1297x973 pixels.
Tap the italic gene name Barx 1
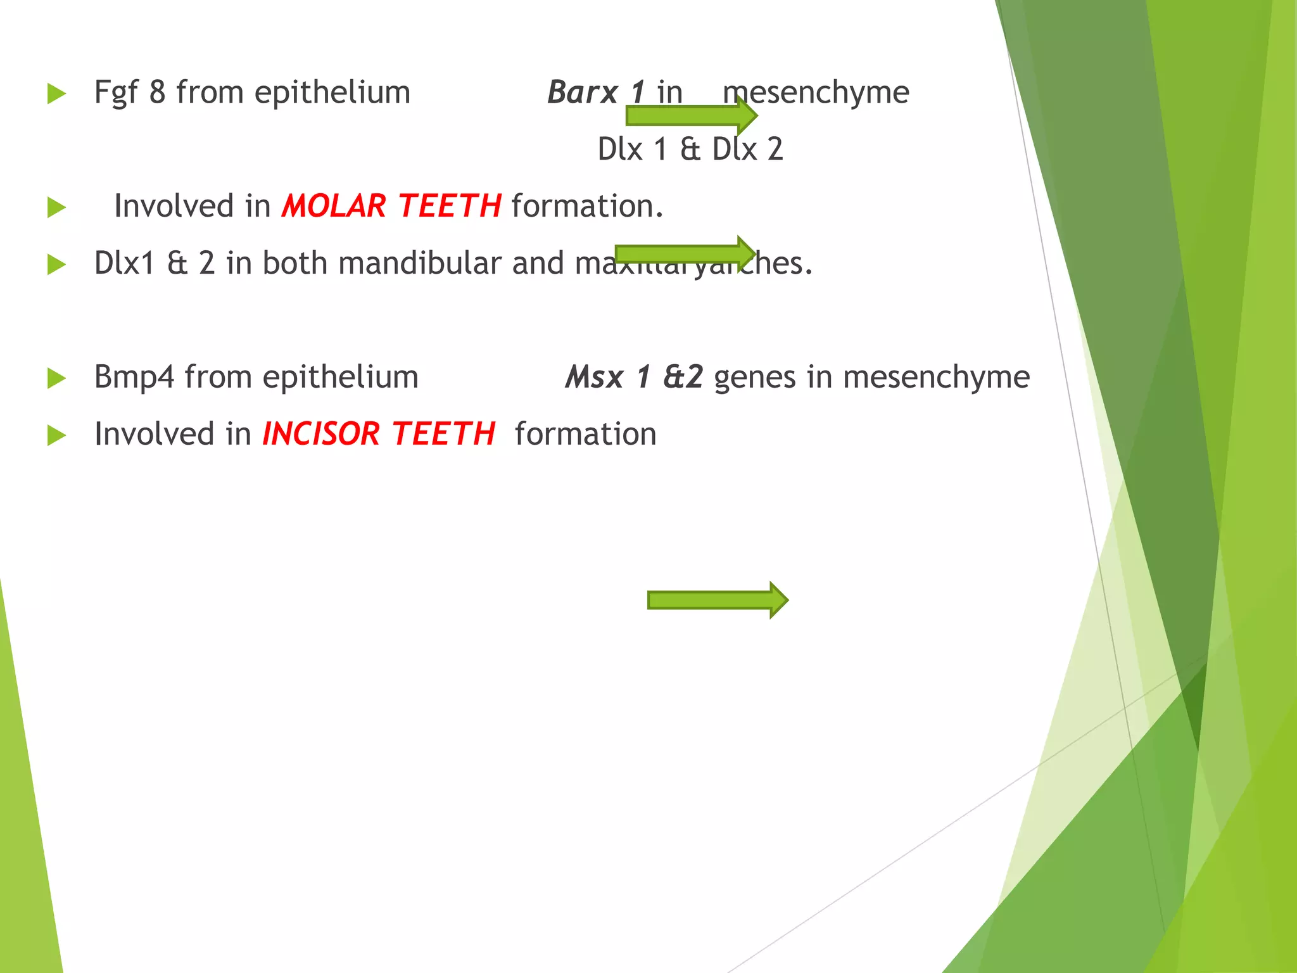(595, 92)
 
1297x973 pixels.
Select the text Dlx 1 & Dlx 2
(690, 149)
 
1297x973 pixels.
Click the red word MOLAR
(334, 207)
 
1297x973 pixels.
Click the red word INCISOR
(320, 435)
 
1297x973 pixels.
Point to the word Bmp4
(134, 378)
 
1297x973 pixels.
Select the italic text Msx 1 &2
(634, 378)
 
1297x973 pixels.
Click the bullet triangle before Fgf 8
(56, 94)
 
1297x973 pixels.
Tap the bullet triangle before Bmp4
(56, 379)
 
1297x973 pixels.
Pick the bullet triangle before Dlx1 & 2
(56, 265)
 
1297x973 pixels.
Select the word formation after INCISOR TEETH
(585, 435)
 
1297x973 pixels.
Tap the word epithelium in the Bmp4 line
(340, 378)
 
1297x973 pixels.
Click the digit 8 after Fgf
(157, 92)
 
